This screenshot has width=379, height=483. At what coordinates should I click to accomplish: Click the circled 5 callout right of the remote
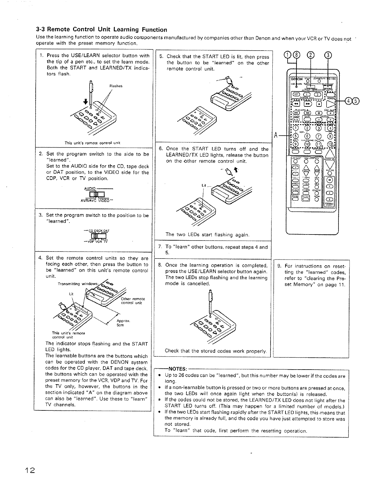coord(356,101)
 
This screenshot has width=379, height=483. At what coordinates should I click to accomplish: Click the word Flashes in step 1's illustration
coord(116,86)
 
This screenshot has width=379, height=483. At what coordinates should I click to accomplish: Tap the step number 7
coord(160,247)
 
